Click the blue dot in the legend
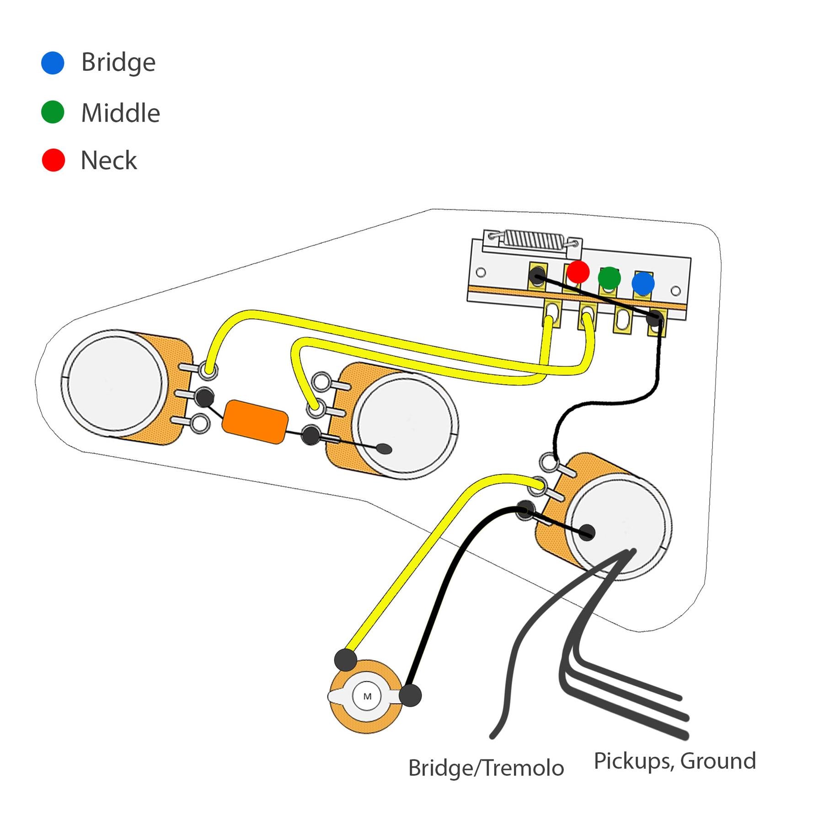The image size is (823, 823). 53,63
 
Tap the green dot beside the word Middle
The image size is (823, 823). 53,112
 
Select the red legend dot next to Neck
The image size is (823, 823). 53,160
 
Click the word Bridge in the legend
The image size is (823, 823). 118,63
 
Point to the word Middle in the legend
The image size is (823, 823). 120,113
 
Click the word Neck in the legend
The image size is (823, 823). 109,160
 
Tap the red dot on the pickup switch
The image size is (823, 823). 578,272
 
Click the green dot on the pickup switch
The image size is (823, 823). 609,278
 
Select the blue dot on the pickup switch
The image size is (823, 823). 643,283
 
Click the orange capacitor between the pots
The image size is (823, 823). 255,422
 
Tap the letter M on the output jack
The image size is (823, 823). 367,697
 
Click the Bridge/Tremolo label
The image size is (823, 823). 486,768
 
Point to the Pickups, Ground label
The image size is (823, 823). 674,761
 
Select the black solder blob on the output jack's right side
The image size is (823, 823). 410,695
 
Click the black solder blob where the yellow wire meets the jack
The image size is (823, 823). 345,660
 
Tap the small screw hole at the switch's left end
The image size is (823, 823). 481,273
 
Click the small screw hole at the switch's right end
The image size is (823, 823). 675,291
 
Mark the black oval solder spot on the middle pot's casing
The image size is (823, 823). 386,449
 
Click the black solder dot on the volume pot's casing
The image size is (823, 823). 588,532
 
